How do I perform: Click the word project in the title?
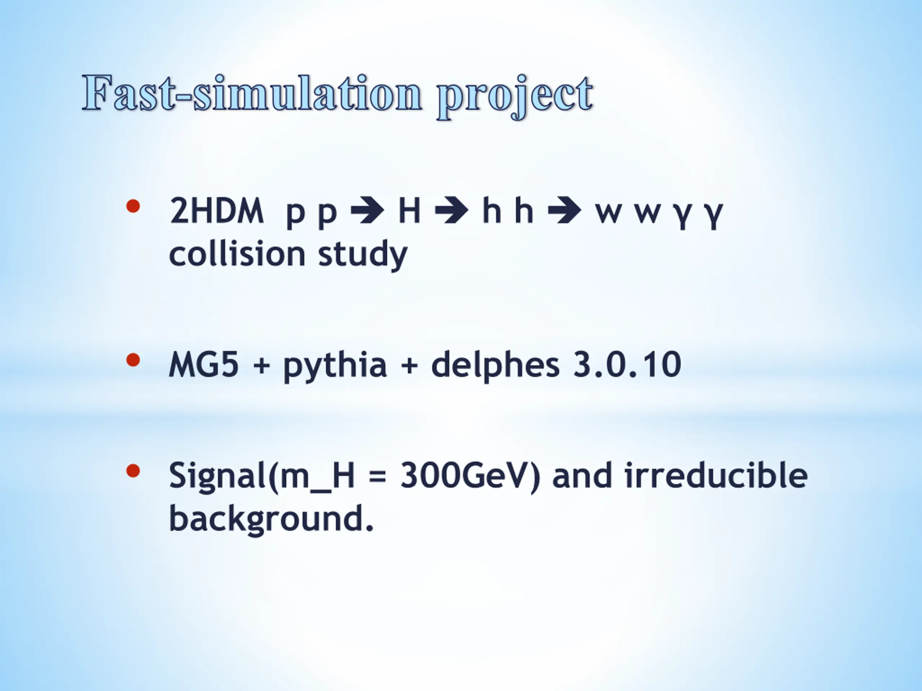click(x=515, y=96)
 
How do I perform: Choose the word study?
click(x=363, y=255)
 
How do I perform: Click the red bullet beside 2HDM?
click(x=133, y=206)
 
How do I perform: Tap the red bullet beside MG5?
click(x=133, y=360)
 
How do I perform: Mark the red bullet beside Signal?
click(x=133, y=471)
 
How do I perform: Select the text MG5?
click(x=204, y=365)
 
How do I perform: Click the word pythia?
click(x=335, y=366)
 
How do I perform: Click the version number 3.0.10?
click(x=627, y=365)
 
